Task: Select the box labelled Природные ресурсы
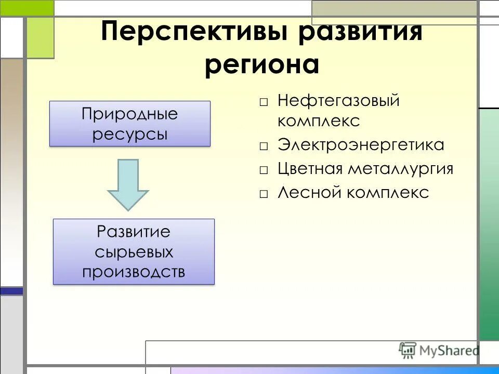click(x=129, y=124)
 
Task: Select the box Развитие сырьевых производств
click(x=134, y=251)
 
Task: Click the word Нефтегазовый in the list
click(x=338, y=100)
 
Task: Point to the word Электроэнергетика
click(x=361, y=145)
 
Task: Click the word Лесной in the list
click(x=310, y=193)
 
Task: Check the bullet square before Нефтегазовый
click(x=264, y=102)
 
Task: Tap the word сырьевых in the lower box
click(x=134, y=252)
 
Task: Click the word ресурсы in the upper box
click(x=130, y=134)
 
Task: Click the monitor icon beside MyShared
click(x=408, y=350)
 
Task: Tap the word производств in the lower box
click(x=134, y=272)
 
